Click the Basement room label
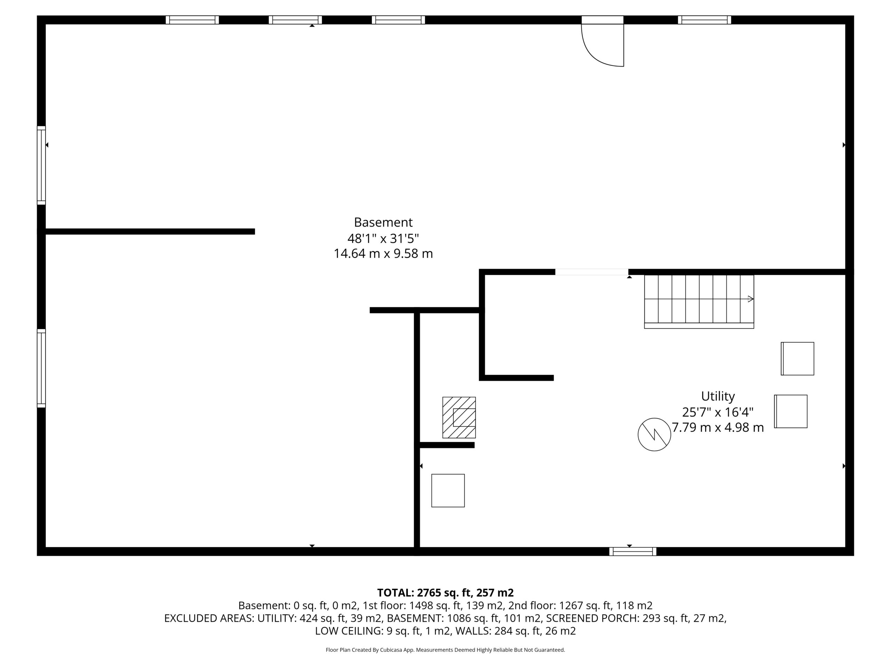click(383, 222)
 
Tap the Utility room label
click(718, 396)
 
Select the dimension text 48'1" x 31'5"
click(383, 238)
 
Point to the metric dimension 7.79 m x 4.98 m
click(718, 427)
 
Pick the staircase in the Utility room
click(699, 302)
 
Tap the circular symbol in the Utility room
click(654, 435)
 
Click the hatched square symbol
click(459, 417)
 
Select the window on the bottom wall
click(632, 552)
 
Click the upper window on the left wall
click(41, 166)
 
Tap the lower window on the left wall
click(41, 368)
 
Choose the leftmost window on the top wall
click(192, 20)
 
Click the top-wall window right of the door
click(704, 20)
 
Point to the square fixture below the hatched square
click(448, 491)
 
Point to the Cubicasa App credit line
click(445, 650)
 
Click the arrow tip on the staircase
click(753, 299)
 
